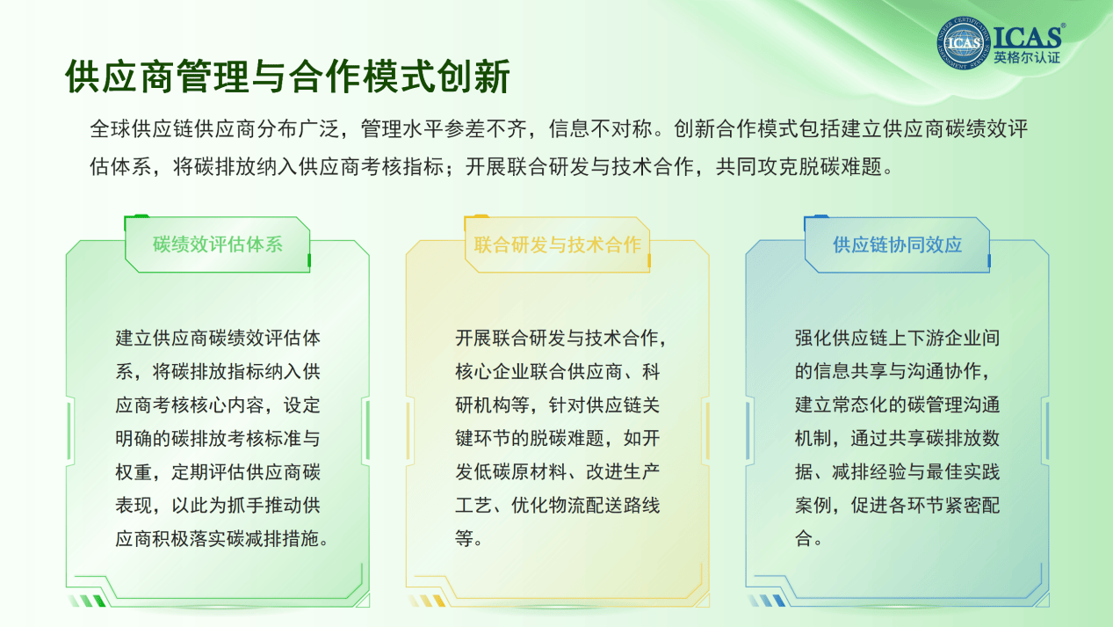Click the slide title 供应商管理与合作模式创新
click(287, 77)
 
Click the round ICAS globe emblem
click(964, 43)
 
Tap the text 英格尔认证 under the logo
click(1027, 58)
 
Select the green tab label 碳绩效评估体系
click(218, 244)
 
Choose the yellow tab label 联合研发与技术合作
click(558, 244)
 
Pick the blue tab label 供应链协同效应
click(898, 244)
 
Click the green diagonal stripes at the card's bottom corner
click(88, 601)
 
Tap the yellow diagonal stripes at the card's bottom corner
click(427, 601)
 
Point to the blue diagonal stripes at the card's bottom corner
click(767, 601)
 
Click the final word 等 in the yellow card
click(464, 538)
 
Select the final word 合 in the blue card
click(804, 538)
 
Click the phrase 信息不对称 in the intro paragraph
click(600, 128)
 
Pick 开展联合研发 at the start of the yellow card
click(510, 338)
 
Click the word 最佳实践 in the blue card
click(963, 472)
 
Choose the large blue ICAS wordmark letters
click(1027, 36)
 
